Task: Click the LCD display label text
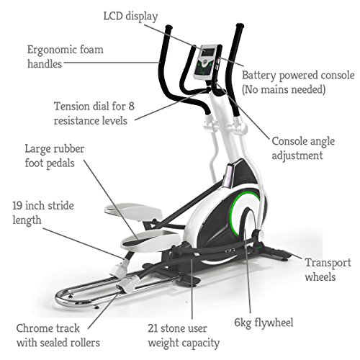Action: (130, 17)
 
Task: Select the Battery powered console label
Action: (298, 82)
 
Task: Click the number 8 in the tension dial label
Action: (131, 107)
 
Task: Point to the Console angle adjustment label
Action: (303, 148)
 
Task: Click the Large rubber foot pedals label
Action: (55, 156)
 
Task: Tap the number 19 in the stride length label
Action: (17, 206)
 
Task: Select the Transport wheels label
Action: (328, 270)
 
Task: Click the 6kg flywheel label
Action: (264, 323)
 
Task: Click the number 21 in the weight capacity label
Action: (153, 328)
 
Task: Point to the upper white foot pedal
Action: (133, 210)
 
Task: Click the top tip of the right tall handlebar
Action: (240, 25)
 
